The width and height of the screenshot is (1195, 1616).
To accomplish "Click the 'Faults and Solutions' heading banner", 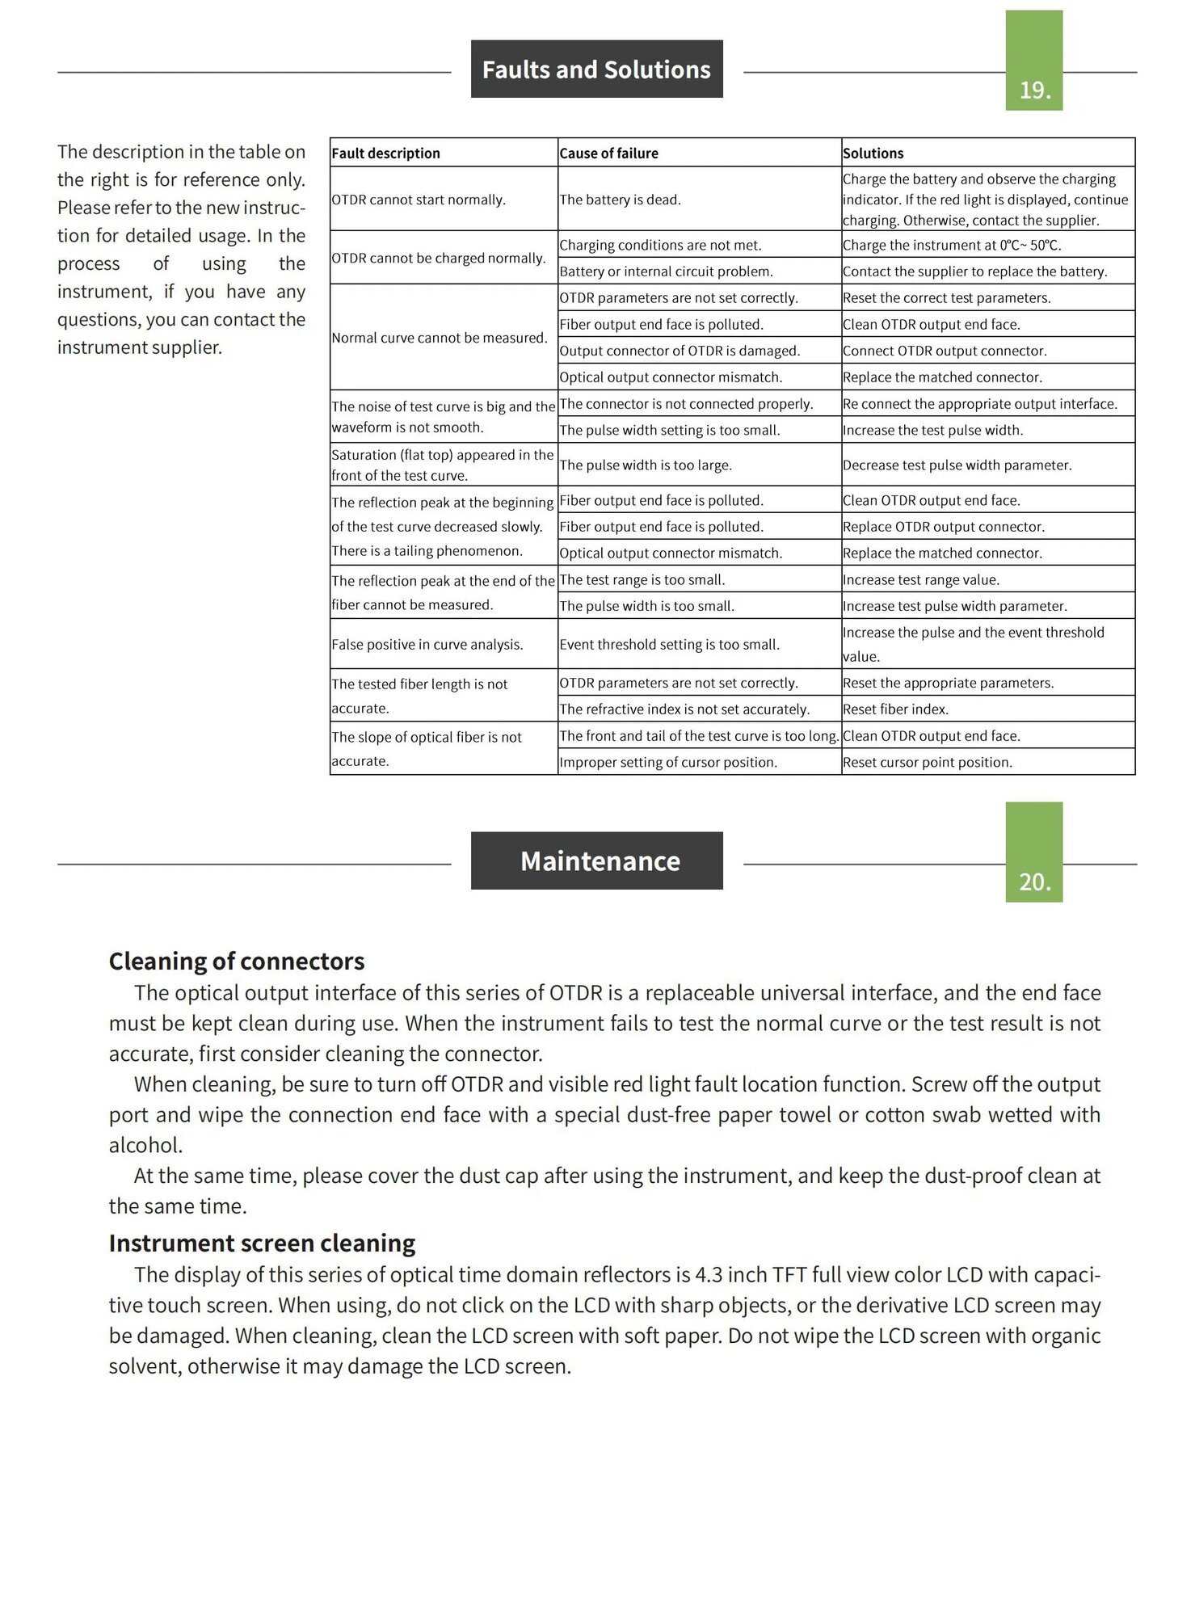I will [x=596, y=69].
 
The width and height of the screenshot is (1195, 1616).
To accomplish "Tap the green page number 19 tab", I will [x=1033, y=61].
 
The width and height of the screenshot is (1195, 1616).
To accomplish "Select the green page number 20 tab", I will [x=1033, y=852].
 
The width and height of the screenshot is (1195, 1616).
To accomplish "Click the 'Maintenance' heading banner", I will [x=596, y=861].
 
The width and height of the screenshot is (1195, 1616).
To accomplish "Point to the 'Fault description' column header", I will [x=386, y=154].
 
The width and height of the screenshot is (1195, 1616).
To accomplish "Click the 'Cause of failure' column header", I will [x=609, y=154].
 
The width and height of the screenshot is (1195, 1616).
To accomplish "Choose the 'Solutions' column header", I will [x=873, y=154].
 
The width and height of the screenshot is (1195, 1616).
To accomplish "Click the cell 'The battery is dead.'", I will [x=621, y=200].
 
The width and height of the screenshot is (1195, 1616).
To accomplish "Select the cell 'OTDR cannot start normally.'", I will [x=419, y=200].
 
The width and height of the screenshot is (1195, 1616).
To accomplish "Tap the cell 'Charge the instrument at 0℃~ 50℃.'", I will [x=952, y=246].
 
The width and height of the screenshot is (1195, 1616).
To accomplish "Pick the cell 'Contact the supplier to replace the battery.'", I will [x=975, y=271].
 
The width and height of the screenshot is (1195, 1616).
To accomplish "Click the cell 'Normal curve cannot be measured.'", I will [x=440, y=338].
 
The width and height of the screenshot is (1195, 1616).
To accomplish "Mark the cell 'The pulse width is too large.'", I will [x=646, y=465].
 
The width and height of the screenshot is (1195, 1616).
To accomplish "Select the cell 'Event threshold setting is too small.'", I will [x=670, y=645].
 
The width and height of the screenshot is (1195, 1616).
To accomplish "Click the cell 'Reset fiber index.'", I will [x=896, y=709].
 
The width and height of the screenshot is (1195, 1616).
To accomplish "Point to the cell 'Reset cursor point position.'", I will [x=928, y=763].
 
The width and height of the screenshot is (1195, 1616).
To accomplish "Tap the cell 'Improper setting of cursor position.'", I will [x=668, y=763].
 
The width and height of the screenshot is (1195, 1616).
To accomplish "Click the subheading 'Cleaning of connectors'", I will [x=237, y=962].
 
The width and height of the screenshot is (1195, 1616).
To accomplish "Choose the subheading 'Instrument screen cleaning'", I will [x=263, y=1244].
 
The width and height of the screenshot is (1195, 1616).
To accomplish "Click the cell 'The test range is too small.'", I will [x=642, y=580].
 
